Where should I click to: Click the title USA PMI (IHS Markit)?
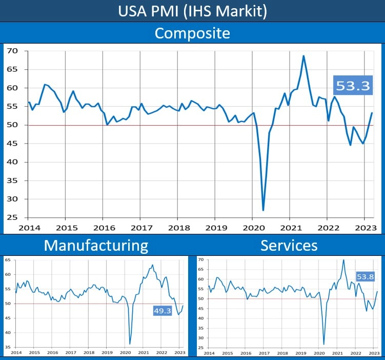192,11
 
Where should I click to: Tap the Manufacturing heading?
96,245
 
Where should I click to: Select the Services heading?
289,245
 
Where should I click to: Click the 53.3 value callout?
353,86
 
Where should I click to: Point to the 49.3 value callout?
162,310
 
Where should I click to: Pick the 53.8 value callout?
365,277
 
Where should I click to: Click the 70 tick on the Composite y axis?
12,51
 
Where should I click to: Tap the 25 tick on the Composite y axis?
12,217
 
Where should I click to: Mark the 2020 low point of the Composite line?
263,210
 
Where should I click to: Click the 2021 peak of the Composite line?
303,56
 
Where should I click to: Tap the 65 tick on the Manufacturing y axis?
8,261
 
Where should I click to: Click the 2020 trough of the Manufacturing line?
130,344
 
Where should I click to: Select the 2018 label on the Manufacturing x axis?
89,353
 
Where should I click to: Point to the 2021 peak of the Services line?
343,260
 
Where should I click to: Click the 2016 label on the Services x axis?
246,353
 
